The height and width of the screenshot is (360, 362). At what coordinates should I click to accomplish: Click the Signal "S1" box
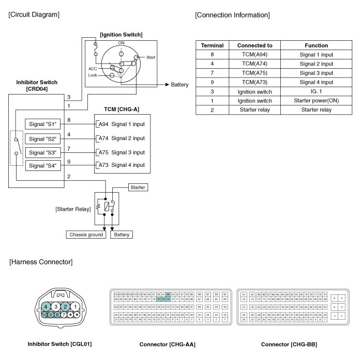click(43, 124)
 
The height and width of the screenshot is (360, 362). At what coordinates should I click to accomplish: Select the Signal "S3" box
click(43, 152)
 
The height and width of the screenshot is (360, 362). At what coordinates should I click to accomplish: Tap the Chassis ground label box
click(87, 234)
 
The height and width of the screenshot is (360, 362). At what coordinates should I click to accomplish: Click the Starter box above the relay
click(138, 187)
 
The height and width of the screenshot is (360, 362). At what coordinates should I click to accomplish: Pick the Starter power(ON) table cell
click(316, 101)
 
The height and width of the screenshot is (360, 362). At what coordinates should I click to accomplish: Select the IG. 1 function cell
click(316, 91)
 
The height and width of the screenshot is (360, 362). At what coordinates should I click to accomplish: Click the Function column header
click(316, 45)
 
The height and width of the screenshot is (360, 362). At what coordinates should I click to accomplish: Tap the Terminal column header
click(212, 45)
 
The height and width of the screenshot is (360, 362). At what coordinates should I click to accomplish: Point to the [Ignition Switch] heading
click(121, 35)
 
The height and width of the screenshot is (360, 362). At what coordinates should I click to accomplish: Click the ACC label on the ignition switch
click(93, 68)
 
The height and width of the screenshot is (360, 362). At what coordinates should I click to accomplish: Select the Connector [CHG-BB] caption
click(289, 344)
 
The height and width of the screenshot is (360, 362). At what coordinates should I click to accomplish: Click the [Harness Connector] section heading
click(41, 262)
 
